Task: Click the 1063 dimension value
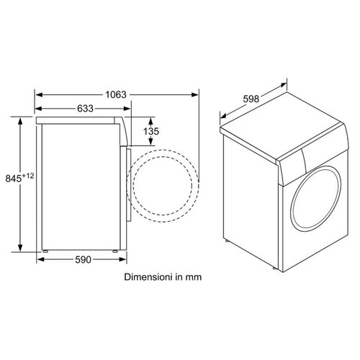116,95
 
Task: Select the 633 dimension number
85,109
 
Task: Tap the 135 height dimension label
151,131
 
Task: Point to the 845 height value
14,179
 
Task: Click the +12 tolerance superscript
28,176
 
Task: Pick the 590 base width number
83,259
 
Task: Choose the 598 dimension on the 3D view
251,99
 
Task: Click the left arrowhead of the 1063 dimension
39,95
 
